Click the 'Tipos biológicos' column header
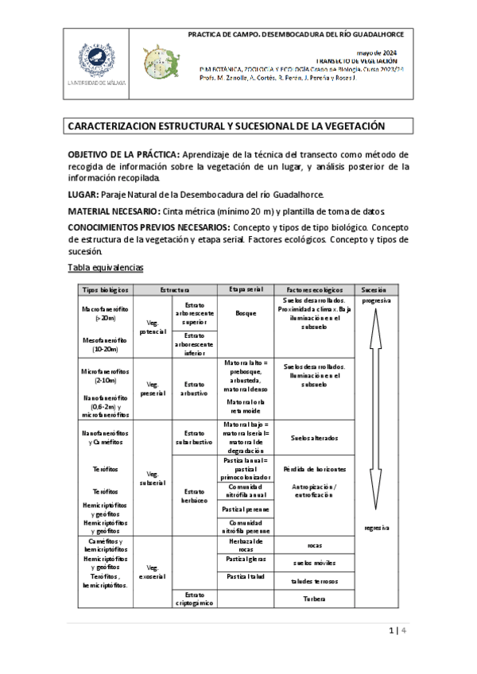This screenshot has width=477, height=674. pyautogui.click(x=105, y=290)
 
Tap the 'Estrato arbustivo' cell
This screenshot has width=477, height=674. pyautogui.click(x=195, y=389)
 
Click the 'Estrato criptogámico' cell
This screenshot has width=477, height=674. pyautogui.click(x=195, y=598)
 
